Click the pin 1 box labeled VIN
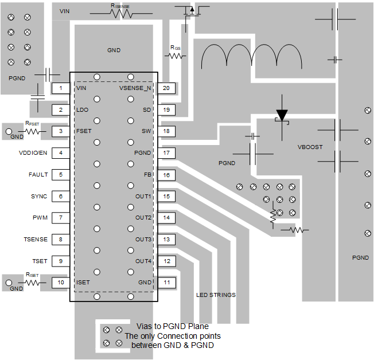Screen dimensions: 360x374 coord(60,88)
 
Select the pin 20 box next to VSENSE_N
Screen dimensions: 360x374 coord(166,88)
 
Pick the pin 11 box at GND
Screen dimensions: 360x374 coord(166,283)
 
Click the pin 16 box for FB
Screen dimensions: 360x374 coord(166,175)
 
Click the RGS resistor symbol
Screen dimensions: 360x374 coord(175,56)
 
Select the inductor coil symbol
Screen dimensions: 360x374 coord(252,57)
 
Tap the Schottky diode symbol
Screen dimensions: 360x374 coord(282,116)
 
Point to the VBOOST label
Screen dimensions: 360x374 coord(310,147)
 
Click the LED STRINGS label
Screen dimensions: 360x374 coord(216,295)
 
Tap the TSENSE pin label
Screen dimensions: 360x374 coord(36,240)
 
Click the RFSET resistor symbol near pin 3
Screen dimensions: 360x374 coord(33,131)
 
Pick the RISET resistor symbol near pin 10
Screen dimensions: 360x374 coord(33,283)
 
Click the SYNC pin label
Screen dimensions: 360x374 coord(39,197)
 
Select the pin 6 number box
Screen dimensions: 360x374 coord(60,197)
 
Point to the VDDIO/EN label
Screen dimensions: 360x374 coord(33,153)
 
